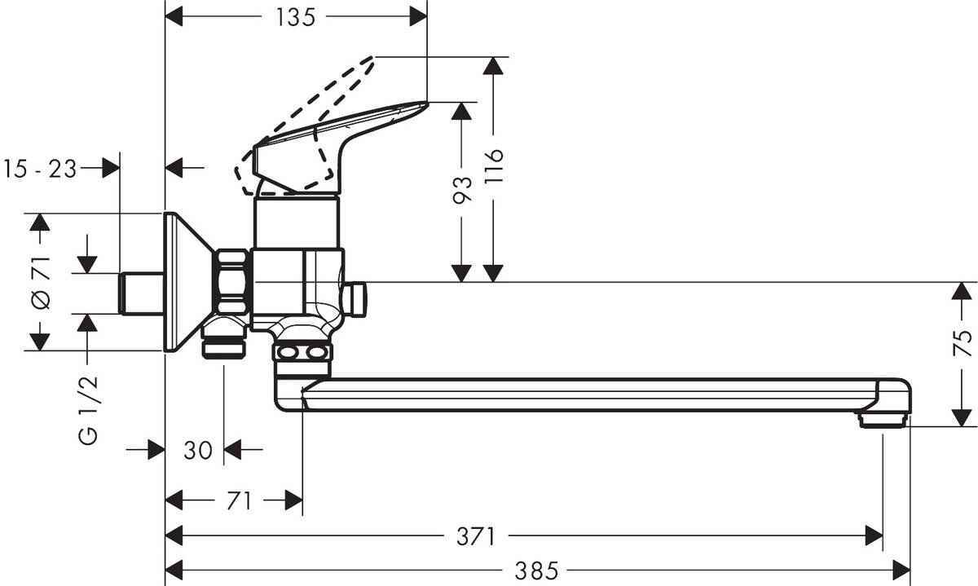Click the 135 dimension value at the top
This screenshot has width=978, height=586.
[x=295, y=18]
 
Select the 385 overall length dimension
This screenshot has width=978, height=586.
[x=536, y=570]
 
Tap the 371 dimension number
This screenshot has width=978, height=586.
[x=475, y=535]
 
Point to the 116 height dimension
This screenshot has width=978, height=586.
[x=493, y=167]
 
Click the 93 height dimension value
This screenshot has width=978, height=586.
[x=462, y=189]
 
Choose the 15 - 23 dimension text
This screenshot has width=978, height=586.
[x=40, y=169]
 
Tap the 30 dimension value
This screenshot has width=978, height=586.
[x=198, y=449]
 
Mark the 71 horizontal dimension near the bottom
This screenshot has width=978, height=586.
[x=237, y=500]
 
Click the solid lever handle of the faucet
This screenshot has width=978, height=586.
[x=342, y=139]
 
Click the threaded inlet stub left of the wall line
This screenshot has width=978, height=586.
[x=140, y=293]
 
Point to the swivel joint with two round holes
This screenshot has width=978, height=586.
[x=302, y=353]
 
